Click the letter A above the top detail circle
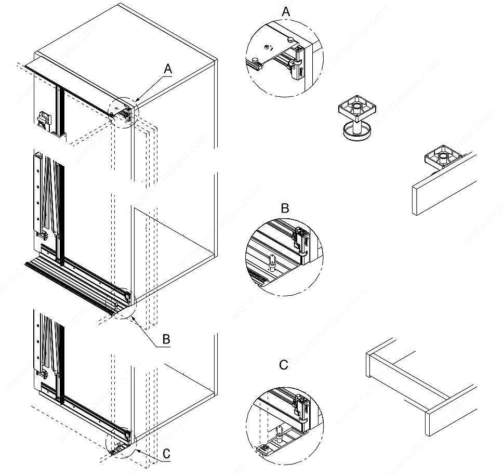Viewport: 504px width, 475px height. click(x=286, y=11)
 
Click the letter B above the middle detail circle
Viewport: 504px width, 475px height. click(x=285, y=208)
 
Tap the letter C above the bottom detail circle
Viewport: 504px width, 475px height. click(x=283, y=365)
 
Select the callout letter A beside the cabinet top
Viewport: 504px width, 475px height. click(x=167, y=68)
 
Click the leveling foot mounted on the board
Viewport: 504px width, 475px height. click(x=441, y=158)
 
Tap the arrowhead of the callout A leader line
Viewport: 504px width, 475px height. click(x=136, y=99)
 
